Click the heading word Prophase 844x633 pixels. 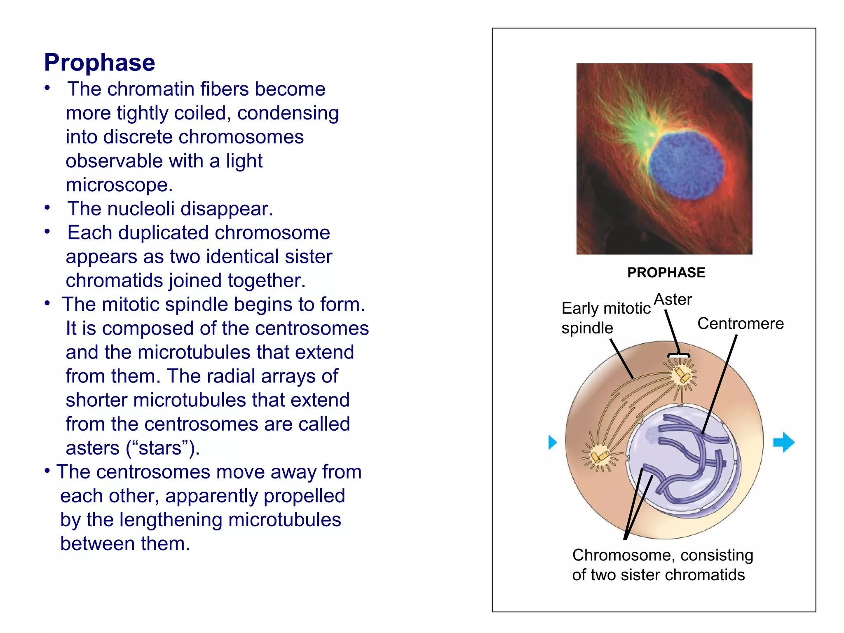[99, 63]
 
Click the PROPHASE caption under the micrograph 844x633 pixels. [666, 272]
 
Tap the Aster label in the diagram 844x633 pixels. [673, 300]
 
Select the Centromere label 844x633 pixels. [740, 324]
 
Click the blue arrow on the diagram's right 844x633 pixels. [783, 442]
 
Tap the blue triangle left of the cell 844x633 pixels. [552, 442]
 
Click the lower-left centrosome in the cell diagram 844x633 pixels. [600, 457]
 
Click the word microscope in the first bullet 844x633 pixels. [119, 185]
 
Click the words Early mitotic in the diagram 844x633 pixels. [606, 308]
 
